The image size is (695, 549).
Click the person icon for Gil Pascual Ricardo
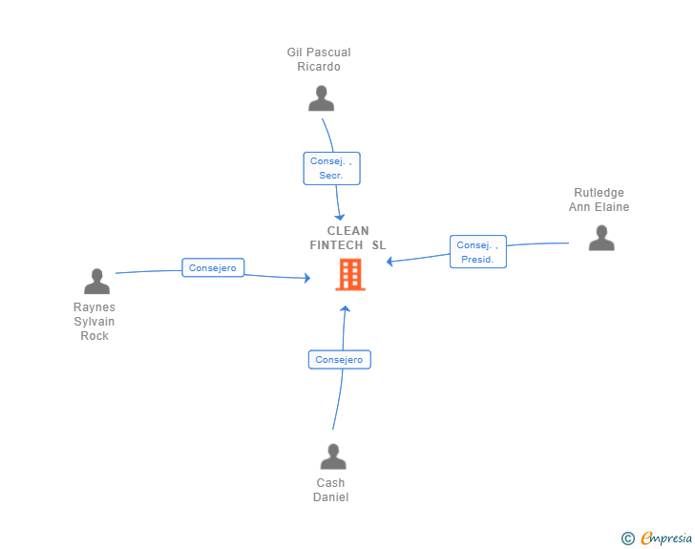[322, 98]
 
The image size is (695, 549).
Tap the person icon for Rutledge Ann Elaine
[601, 238]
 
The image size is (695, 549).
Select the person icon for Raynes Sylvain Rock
[96, 282]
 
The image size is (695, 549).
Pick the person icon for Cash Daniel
[332, 456]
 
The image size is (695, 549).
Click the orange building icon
[350, 274]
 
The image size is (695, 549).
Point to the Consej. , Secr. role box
[331, 169]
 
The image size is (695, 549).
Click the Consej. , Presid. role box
[477, 252]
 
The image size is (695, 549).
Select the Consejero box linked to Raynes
[212, 268]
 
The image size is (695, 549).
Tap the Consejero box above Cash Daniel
[339, 360]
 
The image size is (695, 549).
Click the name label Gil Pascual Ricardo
[319, 60]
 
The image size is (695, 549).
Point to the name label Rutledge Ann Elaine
[600, 200]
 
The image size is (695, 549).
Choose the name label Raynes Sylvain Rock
[95, 322]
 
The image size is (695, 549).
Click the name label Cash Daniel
[331, 490]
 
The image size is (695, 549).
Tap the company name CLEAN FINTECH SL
[348, 238]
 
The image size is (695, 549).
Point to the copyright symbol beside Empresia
[627, 539]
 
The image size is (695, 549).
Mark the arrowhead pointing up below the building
[346, 309]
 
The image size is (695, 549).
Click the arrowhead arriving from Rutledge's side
[390, 261]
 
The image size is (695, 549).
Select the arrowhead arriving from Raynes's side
[306, 278]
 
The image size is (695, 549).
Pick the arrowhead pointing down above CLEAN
[339, 216]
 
